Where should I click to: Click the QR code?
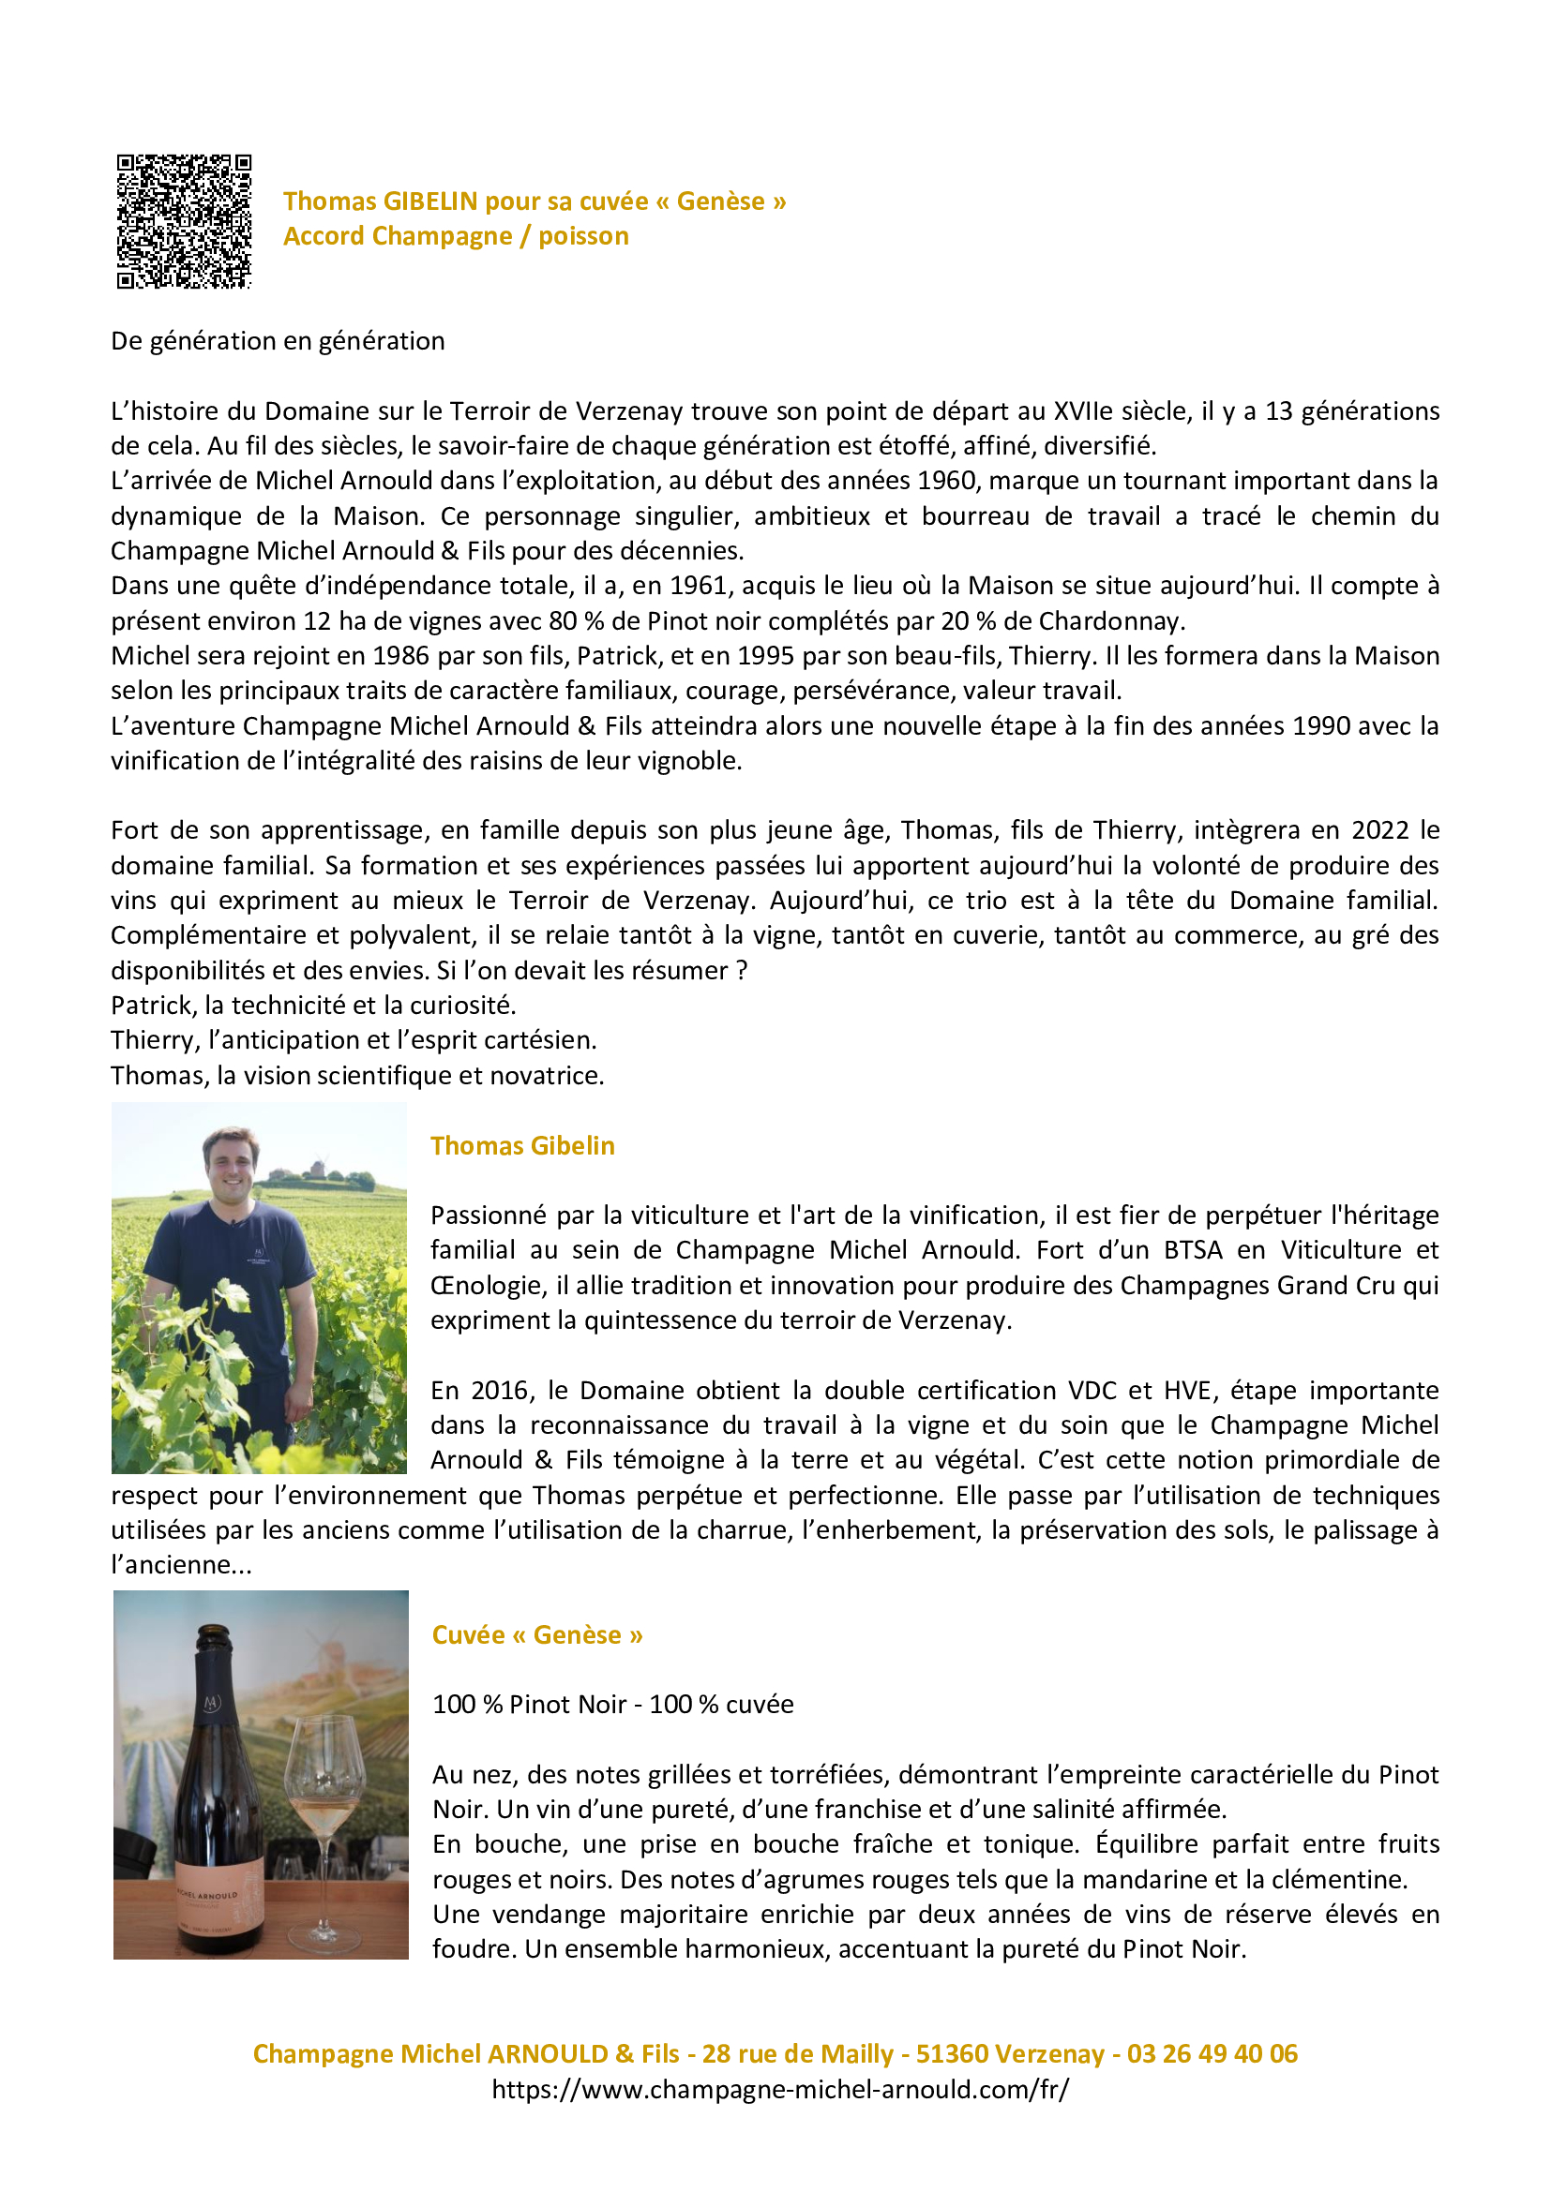pyautogui.click(x=184, y=221)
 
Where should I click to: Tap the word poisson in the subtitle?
pyautogui.click(x=583, y=236)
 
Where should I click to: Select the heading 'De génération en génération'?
pyautogui.click(x=278, y=341)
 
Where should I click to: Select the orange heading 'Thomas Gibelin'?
pyautogui.click(x=522, y=1145)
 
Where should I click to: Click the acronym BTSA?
pyautogui.click(x=1193, y=1251)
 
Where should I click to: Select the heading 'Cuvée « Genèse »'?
pyautogui.click(x=537, y=1635)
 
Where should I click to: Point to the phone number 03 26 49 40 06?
pyautogui.click(x=1212, y=2054)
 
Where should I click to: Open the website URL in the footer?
pyautogui.click(x=780, y=2090)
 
